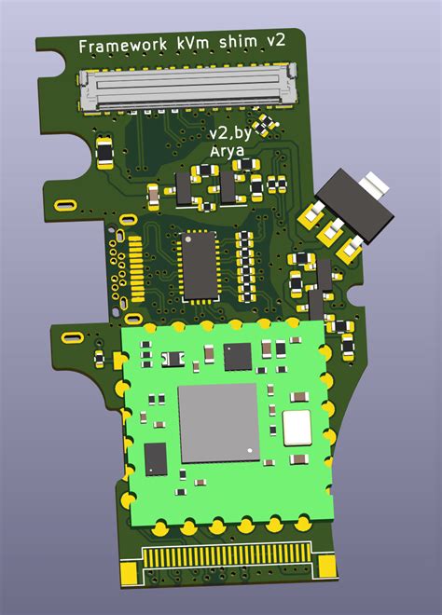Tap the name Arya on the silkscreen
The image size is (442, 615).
(227, 152)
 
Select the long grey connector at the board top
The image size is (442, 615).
(187, 90)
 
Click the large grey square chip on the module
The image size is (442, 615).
(217, 422)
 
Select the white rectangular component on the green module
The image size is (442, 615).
(297, 427)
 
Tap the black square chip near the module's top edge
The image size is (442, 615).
(238, 354)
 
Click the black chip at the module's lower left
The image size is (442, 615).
(156, 458)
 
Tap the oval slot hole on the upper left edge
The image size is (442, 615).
(68, 204)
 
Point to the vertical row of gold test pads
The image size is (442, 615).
(135, 266)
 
